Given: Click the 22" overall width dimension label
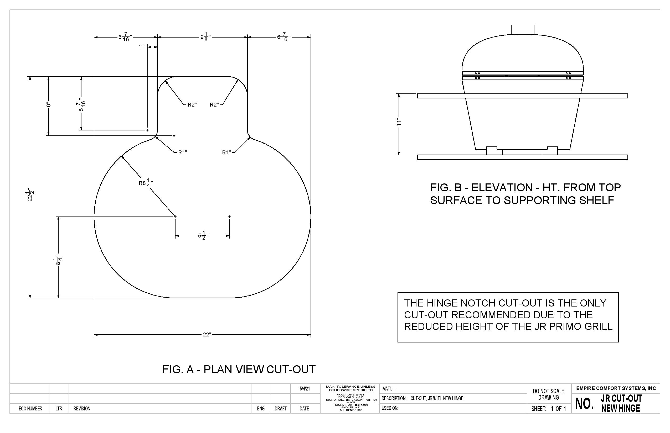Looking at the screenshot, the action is (x=207, y=335).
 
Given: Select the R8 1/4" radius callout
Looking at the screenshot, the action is (x=146, y=183).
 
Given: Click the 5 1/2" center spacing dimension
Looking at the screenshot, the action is (x=203, y=236).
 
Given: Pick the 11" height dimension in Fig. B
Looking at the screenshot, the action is (x=399, y=122).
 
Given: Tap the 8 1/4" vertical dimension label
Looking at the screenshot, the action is (x=58, y=260).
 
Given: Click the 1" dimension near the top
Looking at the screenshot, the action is (x=141, y=47).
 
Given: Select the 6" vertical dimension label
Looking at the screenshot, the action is (x=49, y=105).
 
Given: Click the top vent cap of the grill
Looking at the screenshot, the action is (x=523, y=29).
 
